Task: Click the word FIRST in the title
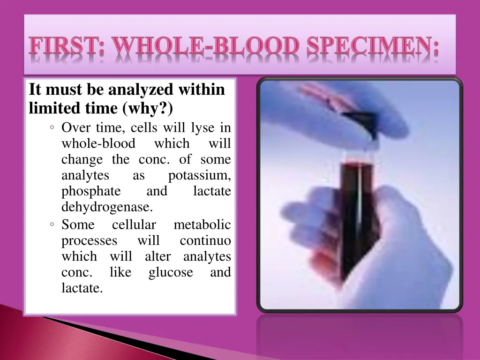pyautogui.click(x=66, y=48)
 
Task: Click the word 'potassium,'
pyautogui.click(x=199, y=175)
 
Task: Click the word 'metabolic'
pyautogui.click(x=202, y=225)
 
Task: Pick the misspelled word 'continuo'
pyautogui.click(x=205, y=241)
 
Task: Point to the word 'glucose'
pyautogui.click(x=171, y=272)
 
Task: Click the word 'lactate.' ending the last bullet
pyautogui.click(x=82, y=288)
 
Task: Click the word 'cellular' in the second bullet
pyautogui.click(x=134, y=225)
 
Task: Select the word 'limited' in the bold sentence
pyautogui.click(x=51, y=108)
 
